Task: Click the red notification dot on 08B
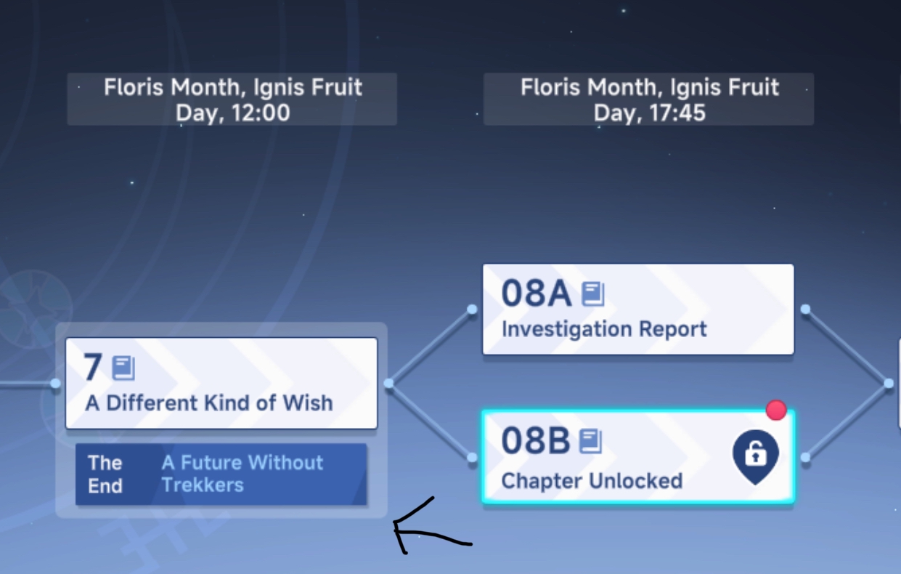point(776,411)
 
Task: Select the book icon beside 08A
point(593,294)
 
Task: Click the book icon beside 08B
point(590,442)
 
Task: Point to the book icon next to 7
point(123,368)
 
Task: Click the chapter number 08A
point(537,294)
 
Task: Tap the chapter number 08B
point(535,441)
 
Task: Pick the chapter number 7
point(92,367)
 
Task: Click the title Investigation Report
point(604,329)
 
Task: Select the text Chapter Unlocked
point(592,480)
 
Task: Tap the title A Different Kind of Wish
point(209,403)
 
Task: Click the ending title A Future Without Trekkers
point(242,474)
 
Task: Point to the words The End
point(105,474)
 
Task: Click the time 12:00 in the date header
point(261,113)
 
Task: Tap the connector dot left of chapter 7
point(55,384)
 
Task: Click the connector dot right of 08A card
point(805,309)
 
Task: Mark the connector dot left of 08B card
point(472,458)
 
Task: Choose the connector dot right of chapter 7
point(388,384)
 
